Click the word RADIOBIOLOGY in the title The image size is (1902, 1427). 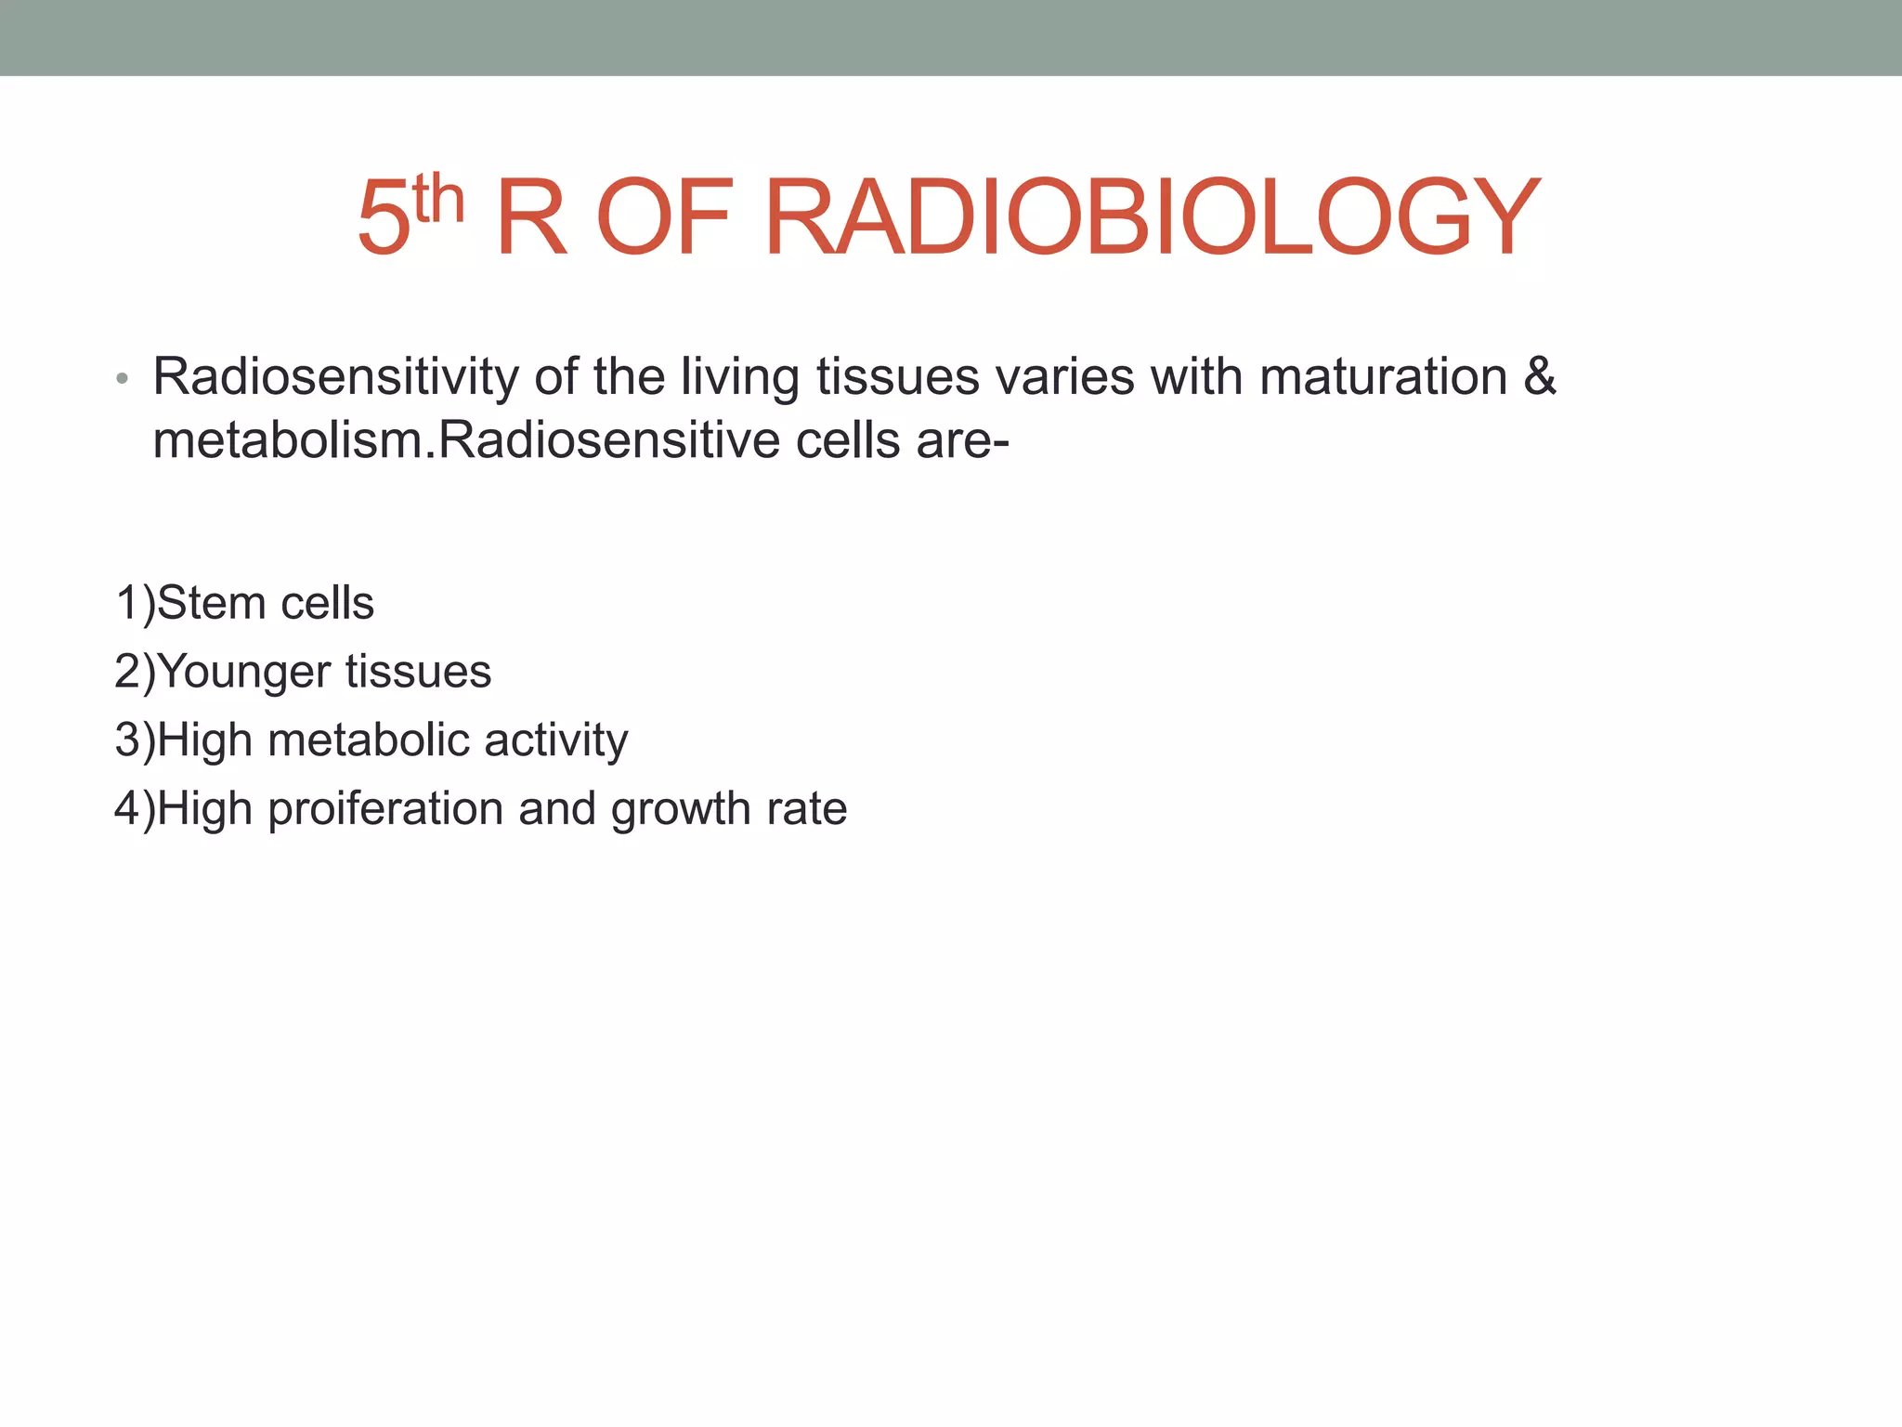coord(1152,217)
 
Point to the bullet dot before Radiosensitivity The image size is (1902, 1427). coord(122,380)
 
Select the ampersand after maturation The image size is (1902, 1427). coord(1540,377)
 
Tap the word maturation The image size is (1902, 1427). coord(1383,377)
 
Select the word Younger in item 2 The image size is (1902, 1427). coord(245,672)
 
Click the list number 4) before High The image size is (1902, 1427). coord(135,809)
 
